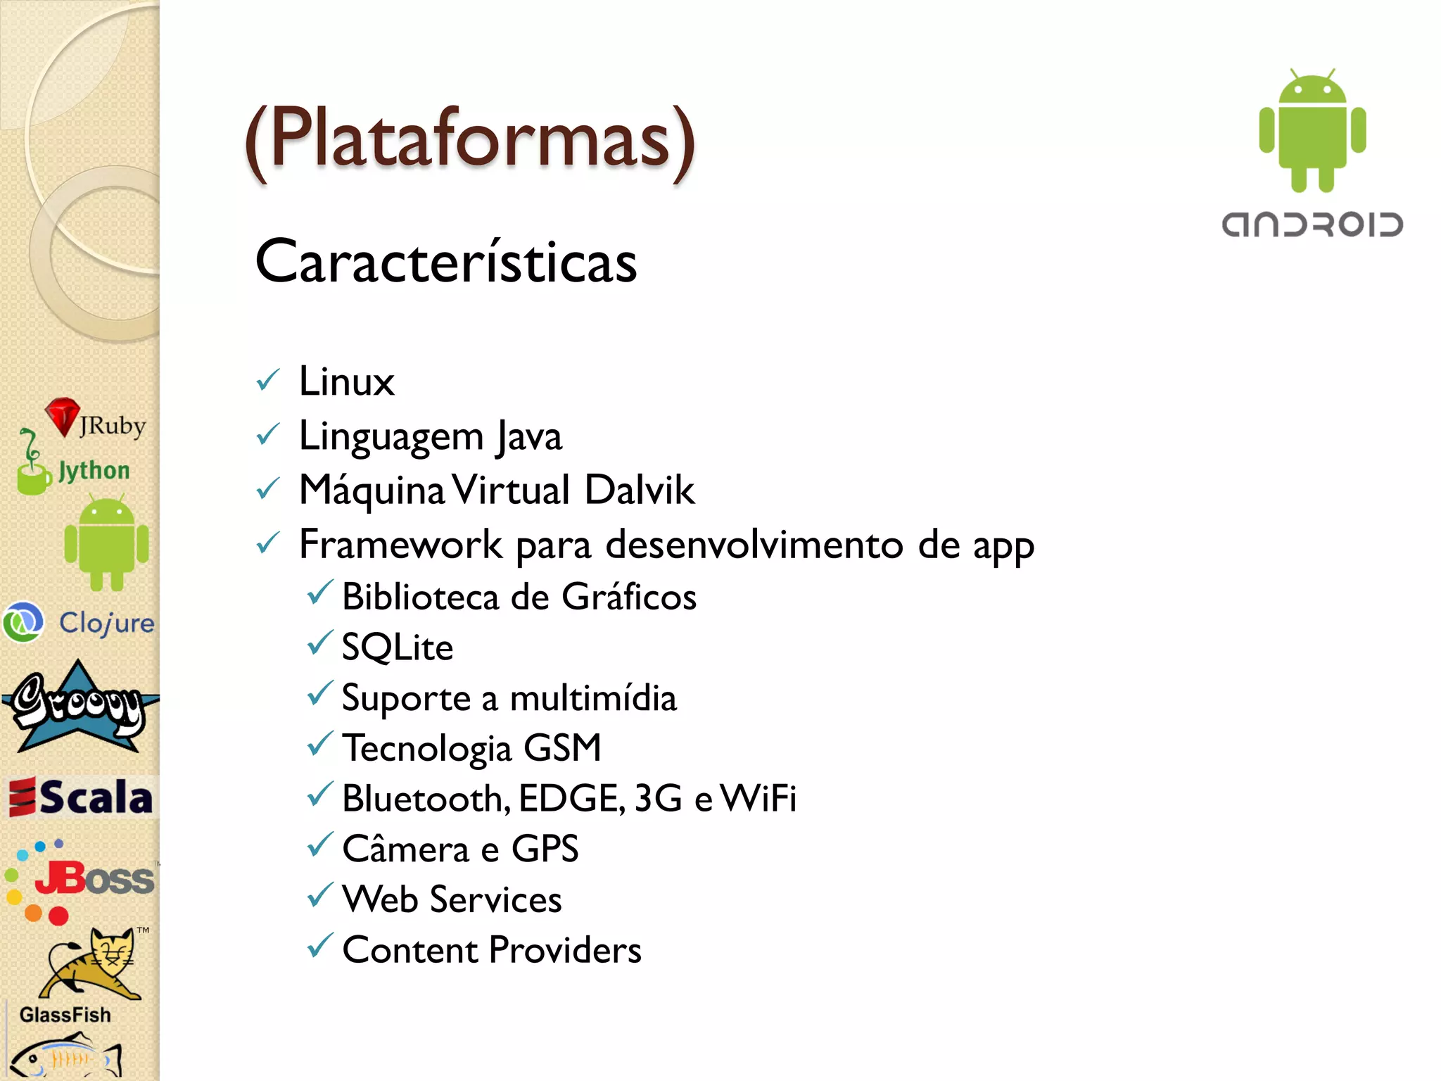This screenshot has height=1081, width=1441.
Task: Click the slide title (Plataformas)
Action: pyautogui.click(x=470, y=141)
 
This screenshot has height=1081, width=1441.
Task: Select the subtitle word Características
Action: pyautogui.click(x=446, y=262)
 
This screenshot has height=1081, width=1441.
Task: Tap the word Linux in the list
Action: pyautogui.click(x=346, y=382)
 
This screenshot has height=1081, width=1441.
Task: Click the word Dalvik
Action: pyautogui.click(x=639, y=491)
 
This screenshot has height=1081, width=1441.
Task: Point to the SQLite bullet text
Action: pyautogui.click(x=398, y=647)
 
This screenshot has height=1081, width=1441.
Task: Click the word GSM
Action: pyautogui.click(x=562, y=748)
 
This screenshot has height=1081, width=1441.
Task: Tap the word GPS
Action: pyautogui.click(x=545, y=849)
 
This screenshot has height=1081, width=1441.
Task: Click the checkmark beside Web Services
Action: pyautogui.click(x=319, y=895)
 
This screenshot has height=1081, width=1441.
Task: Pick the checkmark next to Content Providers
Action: pyautogui.click(x=319, y=945)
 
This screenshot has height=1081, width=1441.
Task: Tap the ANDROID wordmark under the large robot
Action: pyautogui.click(x=1312, y=225)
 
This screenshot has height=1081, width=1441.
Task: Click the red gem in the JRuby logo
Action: pyautogui.click(x=62, y=415)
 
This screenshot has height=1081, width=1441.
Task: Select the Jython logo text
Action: pyautogui.click(x=94, y=470)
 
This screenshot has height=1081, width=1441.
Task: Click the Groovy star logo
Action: pyautogui.click(x=79, y=707)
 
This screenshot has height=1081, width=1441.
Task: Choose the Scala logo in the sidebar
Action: pyautogui.click(x=81, y=797)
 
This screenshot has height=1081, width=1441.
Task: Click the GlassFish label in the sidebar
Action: pyautogui.click(x=65, y=1015)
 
